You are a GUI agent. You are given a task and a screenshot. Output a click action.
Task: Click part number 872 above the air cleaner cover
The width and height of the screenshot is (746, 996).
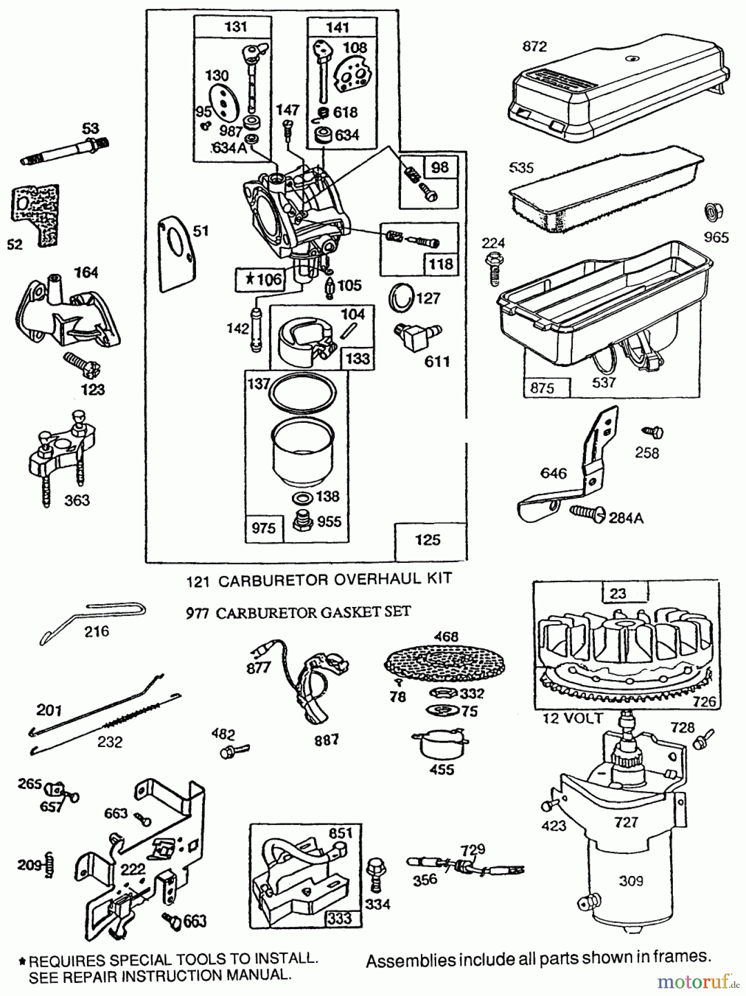534,46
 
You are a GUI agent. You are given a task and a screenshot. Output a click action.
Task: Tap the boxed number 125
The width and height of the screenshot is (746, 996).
428,539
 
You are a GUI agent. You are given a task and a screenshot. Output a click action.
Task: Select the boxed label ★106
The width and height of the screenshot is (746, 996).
260,279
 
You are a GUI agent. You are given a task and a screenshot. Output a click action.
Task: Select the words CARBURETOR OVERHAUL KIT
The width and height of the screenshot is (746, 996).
335,580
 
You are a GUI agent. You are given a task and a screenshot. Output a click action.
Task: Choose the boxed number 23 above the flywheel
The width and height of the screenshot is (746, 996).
618,593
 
